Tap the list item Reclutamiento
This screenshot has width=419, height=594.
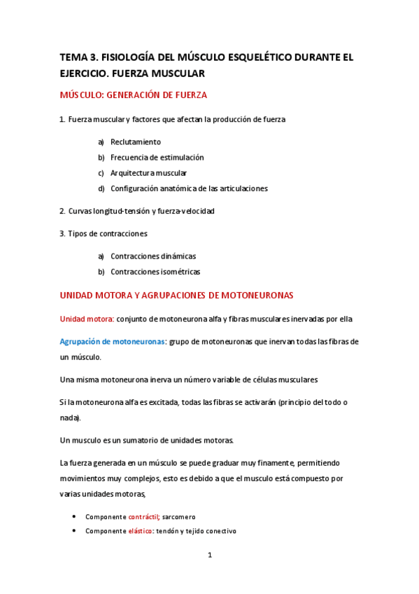pyautogui.click(x=135, y=141)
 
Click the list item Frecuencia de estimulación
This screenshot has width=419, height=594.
pyautogui.click(x=157, y=157)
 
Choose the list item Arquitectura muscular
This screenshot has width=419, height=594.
pyautogui.click(x=148, y=172)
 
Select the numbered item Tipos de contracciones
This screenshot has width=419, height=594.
pyautogui.click(x=108, y=233)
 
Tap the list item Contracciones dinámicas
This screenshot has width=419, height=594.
pyautogui.click(x=153, y=256)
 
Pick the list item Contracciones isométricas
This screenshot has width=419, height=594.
pyautogui.click(x=155, y=271)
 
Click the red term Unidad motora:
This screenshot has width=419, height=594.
pyautogui.click(x=87, y=319)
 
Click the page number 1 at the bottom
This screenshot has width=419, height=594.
pyautogui.click(x=209, y=555)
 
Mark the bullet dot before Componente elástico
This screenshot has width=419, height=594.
pyautogui.click(x=75, y=531)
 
